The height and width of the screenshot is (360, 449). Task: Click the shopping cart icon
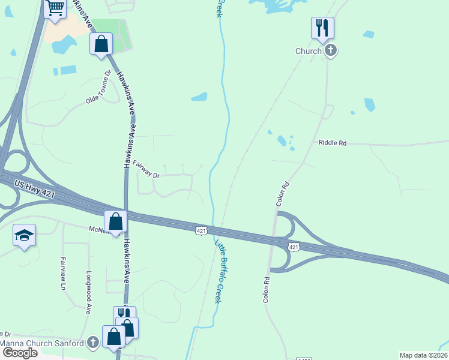coord(55,8)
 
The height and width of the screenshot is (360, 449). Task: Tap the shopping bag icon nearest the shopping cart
coord(101,44)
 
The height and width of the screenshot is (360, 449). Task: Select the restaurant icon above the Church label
coord(322,28)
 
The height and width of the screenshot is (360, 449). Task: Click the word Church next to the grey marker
coord(309,51)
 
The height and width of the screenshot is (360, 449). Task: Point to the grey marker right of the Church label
coord(331,51)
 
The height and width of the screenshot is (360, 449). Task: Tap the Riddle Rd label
coord(333,143)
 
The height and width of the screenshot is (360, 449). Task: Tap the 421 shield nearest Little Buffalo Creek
coord(201,230)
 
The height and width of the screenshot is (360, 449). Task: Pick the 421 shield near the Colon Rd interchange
coord(293,247)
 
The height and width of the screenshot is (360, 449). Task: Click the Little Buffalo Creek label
coord(220,270)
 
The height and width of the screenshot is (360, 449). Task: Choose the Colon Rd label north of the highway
coord(283,194)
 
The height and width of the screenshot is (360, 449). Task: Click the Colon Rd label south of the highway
coord(266,289)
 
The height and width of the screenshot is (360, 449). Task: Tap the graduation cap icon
coord(24,235)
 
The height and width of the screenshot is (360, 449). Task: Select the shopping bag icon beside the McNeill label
coord(115,221)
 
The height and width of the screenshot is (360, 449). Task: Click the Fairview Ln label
coord(62,274)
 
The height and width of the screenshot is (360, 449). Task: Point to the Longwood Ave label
coord(88,299)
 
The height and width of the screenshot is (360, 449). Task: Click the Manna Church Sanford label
coord(42,343)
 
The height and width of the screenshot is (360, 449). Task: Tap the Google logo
coord(19,353)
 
